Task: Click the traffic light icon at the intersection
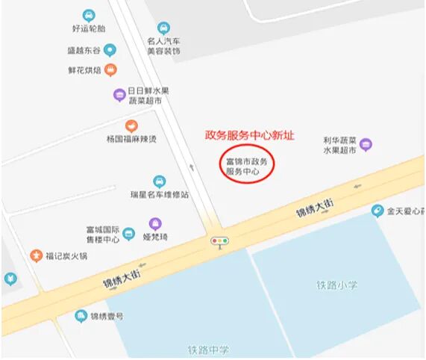(219, 241)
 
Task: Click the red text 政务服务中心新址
(250, 136)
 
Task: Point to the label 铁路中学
(209, 350)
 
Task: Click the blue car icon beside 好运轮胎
(89, 16)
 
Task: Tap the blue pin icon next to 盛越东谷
(110, 51)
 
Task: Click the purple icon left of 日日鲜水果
(119, 95)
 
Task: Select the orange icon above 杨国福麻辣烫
(131, 125)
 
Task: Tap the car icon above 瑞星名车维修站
(159, 181)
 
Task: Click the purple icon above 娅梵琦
(155, 223)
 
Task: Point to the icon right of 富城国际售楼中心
(129, 234)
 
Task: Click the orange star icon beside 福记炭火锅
(36, 256)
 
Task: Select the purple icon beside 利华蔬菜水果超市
(366, 144)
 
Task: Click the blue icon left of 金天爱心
(378, 211)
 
